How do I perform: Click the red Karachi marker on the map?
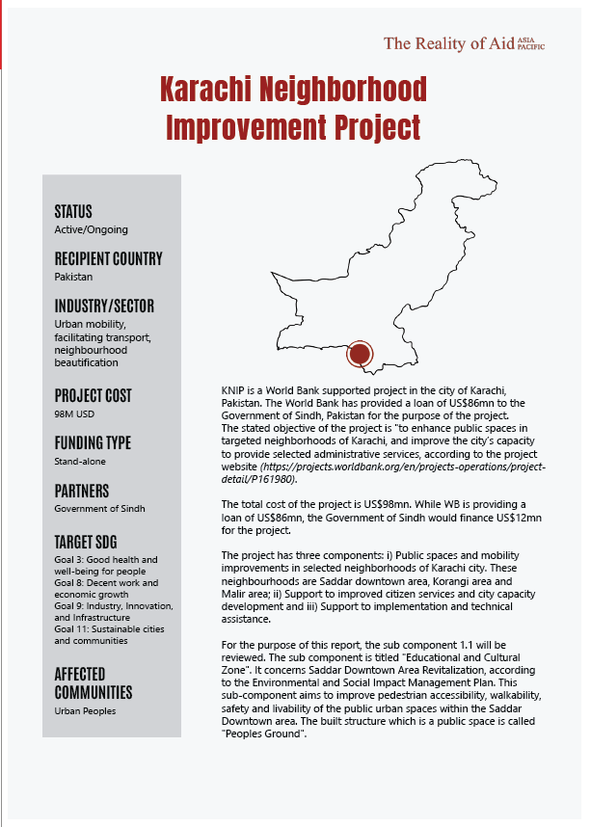tap(360, 354)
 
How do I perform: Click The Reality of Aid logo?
tap(464, 43)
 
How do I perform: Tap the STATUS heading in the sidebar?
tap(73, 212)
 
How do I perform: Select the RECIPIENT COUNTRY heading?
tap(108, 258)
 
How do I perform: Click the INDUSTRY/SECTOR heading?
tap(104, 307)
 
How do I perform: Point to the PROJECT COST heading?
tap(93, 395)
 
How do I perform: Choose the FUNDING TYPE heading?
tap(93, 442)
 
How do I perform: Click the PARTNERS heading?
tap(81, 491)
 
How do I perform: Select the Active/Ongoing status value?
tap(91, 229)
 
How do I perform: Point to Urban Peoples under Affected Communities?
tap(86, 710)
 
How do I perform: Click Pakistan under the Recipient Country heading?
tap(73, 277)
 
